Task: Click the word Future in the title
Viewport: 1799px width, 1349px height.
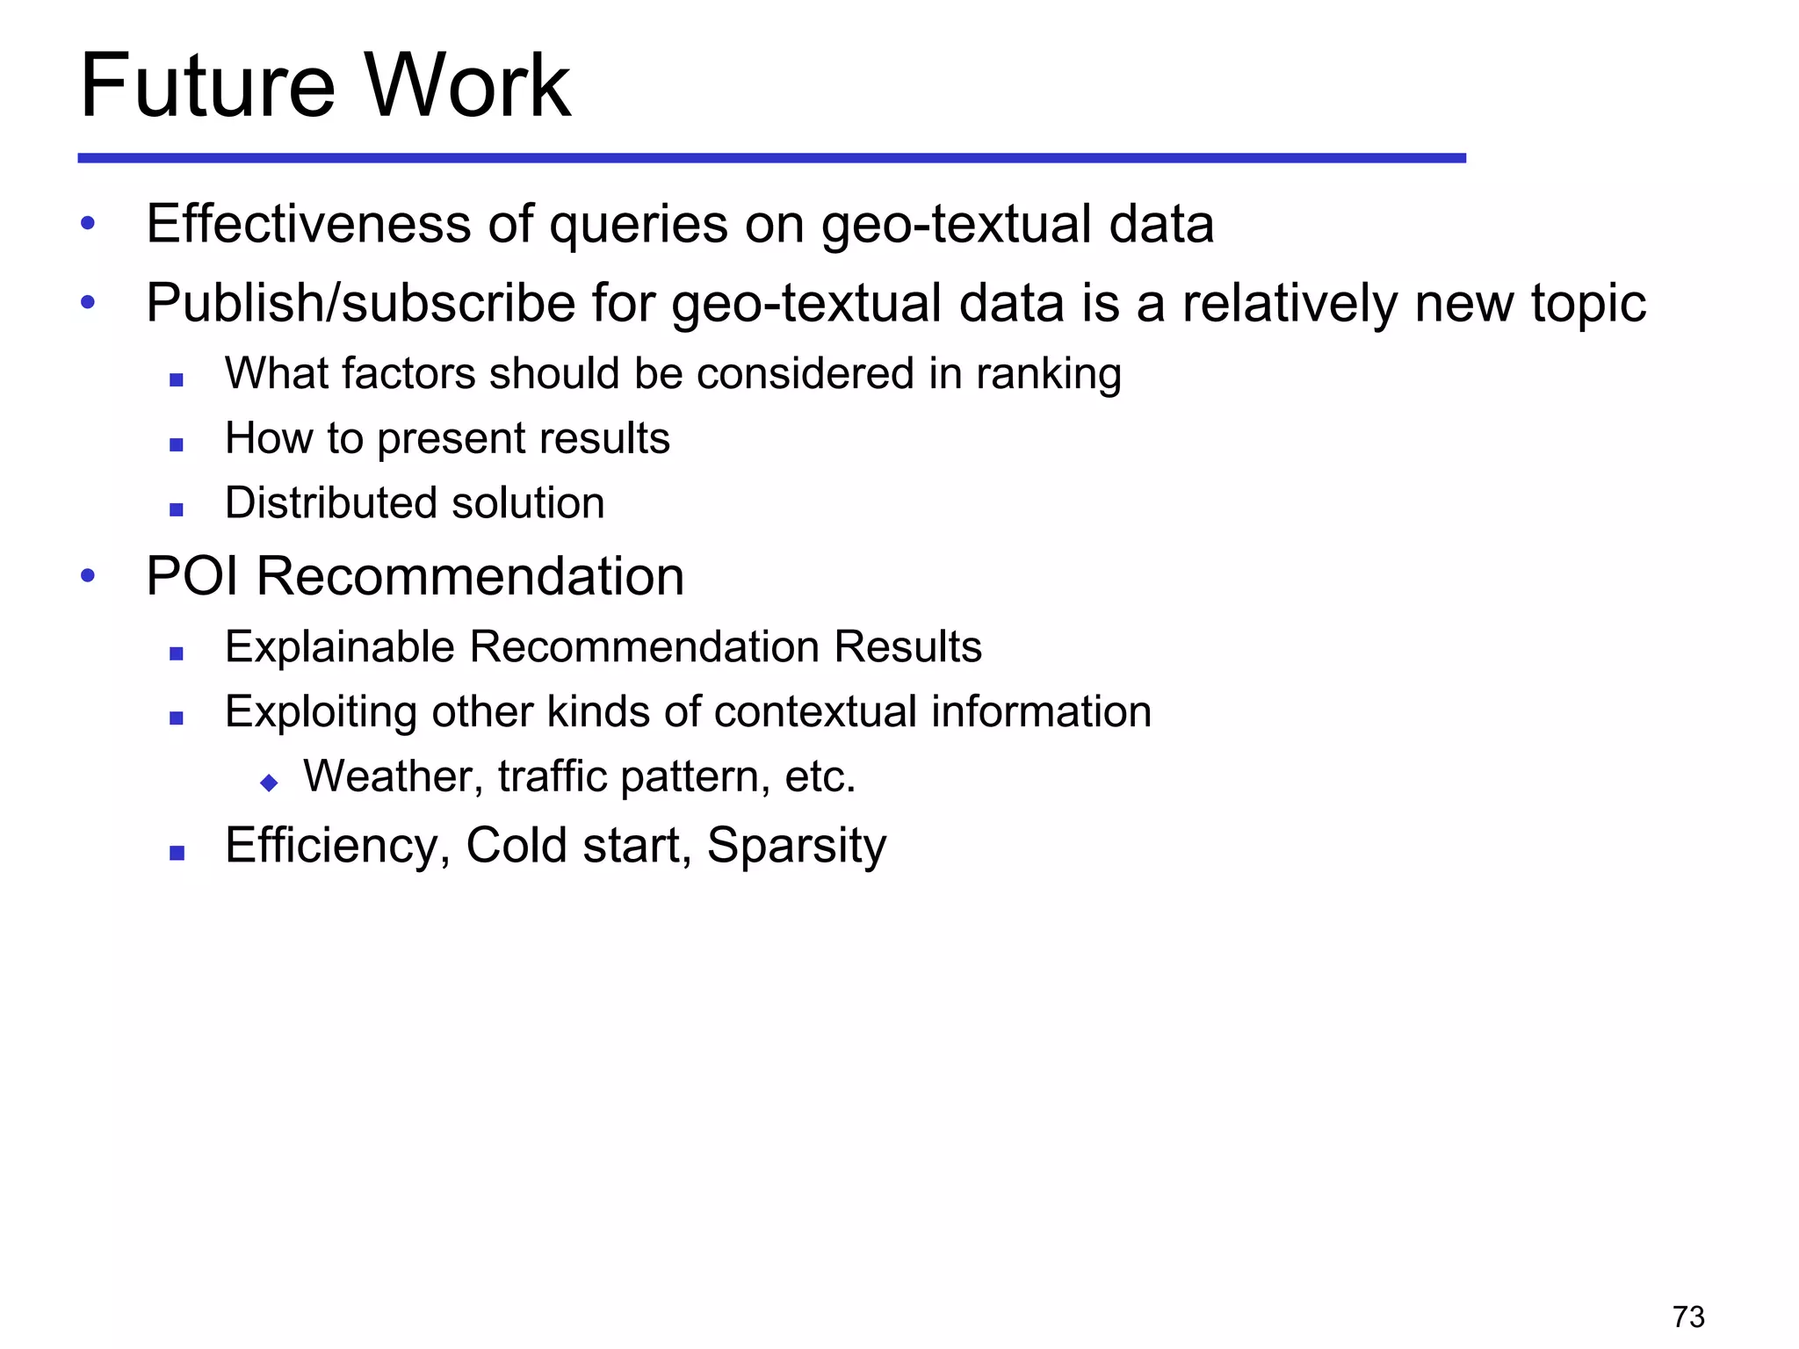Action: (x=207, y=86)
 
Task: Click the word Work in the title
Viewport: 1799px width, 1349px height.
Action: (x=467, y=86)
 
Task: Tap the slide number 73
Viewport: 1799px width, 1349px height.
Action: (x=1688, y=1317)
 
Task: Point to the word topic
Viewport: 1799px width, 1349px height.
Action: (x=1588, y=304)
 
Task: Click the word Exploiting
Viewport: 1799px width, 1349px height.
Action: (x=321, y=712)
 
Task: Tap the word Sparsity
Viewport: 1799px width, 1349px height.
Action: (x=796, y=846)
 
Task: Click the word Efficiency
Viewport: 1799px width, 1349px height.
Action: (x=337, y=846)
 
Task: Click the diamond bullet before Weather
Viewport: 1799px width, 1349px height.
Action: (x=269, y=783)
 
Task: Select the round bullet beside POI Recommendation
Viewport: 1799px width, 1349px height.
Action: (x=88, y=577)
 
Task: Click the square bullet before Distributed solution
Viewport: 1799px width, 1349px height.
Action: (x=177, y=509)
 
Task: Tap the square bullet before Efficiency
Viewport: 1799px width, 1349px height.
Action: (x=177, y=852)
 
